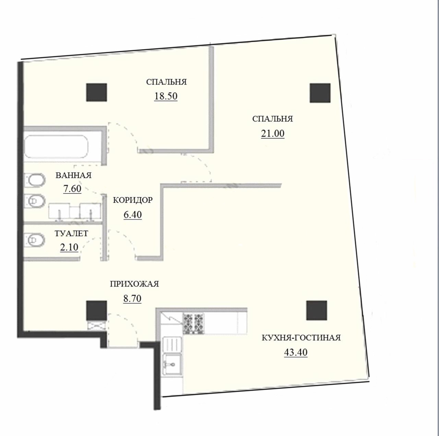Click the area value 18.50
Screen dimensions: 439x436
pyautogui.click(x=166, y=96)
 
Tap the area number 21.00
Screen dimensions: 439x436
pyautogui.click(x=272, y=134)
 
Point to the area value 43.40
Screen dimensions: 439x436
pyautogui.click(x=296, y=352)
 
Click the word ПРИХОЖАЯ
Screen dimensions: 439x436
pyautogui.click(x=134, y=284)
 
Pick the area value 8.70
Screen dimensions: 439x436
pyautogui.click(x=132, y=299)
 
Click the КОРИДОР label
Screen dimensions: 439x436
pyautogui.click(x=133, y=200)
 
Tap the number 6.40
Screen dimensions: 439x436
pyautogui.click(x=133, y=215)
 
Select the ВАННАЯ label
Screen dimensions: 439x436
pyautogui.click(x=74, y=175)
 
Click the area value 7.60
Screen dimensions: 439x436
pyautogui.click(x=72, y=189)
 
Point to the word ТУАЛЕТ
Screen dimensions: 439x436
pyautogui.click(x=71, y=234)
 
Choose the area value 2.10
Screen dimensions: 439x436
pyautogui.click(x=69, y=247)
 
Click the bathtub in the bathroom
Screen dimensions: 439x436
pyautogui.click(x=56, y=147)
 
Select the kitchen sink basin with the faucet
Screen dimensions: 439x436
pyautogui.click(x=173, y=365)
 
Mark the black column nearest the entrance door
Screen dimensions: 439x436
pyautogui.click(x=96, y=310)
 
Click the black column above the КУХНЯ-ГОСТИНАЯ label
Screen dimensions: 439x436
pyautogui.click(x=317, y=310)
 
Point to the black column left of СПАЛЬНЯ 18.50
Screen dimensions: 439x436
pyautogui.click(x=96, y=92)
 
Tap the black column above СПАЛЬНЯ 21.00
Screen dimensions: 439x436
pyautogui.click(x=320, y=93)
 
